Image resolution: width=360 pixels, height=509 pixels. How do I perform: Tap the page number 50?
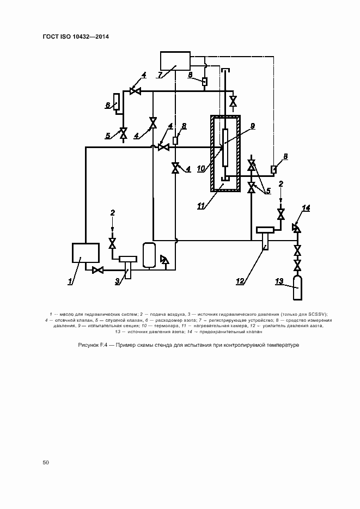[x=46, y=462]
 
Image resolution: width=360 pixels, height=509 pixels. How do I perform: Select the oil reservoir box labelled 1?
[x=86, y=254]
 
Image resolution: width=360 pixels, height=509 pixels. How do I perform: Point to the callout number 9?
[x=252, y=126]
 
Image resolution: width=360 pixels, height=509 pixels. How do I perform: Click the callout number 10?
[x=201, y=169]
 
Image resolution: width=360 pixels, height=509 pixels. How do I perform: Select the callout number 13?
[x=279, y=281]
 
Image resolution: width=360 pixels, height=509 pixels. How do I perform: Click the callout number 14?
[x=306, y=208]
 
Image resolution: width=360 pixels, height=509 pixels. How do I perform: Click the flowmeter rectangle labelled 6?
[x=116, y=102]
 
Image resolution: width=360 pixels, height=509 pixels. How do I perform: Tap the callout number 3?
[x=117, y=281]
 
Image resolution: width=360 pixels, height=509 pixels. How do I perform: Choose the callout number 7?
[x=160, y=75]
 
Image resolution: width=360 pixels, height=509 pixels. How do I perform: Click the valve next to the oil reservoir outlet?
[x=98, y=270]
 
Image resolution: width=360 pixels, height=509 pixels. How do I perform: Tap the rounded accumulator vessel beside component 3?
[x=147, y=255]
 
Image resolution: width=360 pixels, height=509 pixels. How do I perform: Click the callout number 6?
[x=108, y=105]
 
